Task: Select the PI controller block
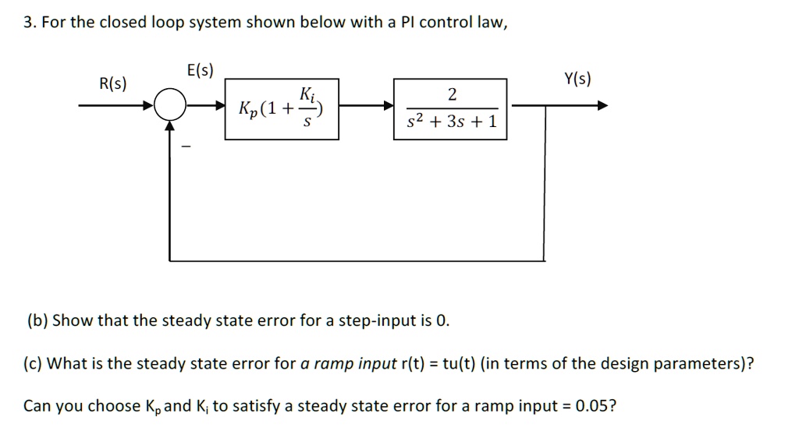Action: click(282, 108)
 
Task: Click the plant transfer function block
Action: click(450, 108)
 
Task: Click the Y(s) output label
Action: click(577, 79)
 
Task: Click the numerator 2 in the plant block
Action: click(450, 95)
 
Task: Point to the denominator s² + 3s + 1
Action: click(450, 123)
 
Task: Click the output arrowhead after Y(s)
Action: click(602, 107)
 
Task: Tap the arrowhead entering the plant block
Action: click(388, 107)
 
